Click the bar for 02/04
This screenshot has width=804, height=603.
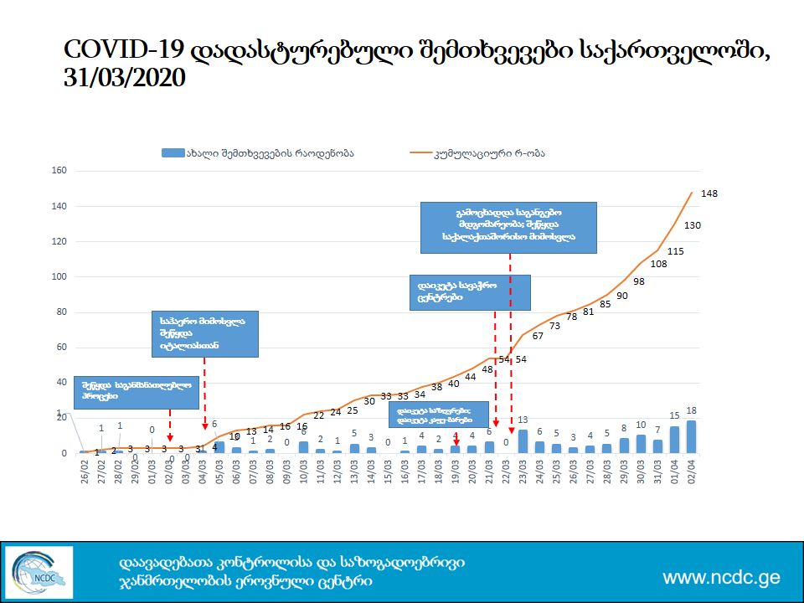(x=691, y=436)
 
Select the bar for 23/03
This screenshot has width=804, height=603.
(x=523, y=441)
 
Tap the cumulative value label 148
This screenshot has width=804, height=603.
(x=709, y=193)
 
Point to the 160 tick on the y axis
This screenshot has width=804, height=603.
(x=59, y=171)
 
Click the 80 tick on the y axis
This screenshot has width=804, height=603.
(x=61, y=312)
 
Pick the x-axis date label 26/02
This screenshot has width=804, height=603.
(x=85, y=466)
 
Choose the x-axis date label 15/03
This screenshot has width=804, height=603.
(x=388, y=466)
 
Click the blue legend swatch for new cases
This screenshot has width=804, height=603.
(x=172, y=152)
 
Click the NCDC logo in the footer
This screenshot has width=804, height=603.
(x=39, y=571)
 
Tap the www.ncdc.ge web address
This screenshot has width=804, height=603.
(x=721, y=578)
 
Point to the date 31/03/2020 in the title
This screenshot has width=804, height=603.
(x=124, y=79)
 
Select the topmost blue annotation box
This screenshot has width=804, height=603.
(x=508, y=227)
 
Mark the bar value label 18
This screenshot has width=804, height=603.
(x=692, y=411)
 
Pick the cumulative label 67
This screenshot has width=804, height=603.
(x=538, y=335)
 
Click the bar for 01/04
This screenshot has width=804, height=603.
(x=674, y=440)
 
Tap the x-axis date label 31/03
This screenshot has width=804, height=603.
(x=657, y=466)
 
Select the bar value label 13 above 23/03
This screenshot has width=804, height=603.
(x=523, y=420)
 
